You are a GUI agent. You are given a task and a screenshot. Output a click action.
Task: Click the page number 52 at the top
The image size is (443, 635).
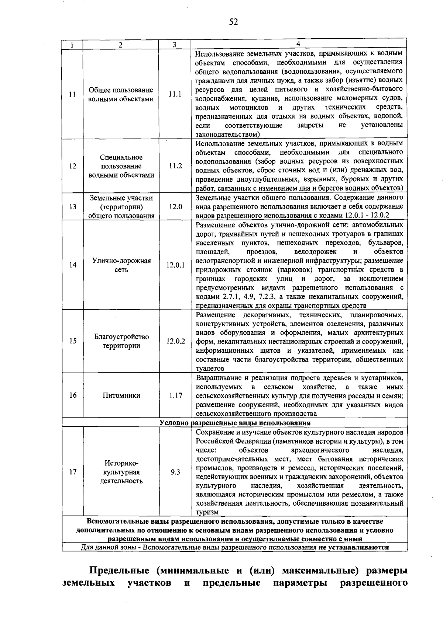click(x=233, y=22)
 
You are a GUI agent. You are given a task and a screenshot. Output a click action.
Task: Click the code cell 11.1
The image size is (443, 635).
click(x=175, y=94)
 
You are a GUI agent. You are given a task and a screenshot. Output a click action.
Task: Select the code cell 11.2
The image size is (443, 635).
click(x=175, y=166)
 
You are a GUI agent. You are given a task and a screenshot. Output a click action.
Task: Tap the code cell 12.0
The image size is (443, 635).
click(x=175, y=207)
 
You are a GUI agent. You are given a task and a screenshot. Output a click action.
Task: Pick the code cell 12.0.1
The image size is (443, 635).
click(x=175, y=265)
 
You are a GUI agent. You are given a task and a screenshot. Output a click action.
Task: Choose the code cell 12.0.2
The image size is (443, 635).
click(x=175, y=341)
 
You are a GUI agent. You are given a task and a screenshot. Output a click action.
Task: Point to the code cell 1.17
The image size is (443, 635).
click(x=175, y=395)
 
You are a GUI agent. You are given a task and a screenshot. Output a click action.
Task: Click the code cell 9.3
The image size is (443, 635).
click(x=175, y=472)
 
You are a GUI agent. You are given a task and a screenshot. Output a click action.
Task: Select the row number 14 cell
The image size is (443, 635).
click(x=73, y=265)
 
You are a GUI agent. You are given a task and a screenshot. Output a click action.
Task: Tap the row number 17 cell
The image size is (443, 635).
click(x=73, y=472)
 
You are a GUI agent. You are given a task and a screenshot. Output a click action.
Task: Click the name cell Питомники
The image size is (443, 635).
click(x=121, y=395)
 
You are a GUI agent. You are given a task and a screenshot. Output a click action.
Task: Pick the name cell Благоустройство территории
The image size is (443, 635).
click(x=121, y=341)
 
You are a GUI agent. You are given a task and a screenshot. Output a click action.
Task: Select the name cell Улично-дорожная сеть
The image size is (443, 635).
click(x=121, y=265)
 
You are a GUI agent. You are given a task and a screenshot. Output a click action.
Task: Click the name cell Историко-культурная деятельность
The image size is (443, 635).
click(x=121, y=472)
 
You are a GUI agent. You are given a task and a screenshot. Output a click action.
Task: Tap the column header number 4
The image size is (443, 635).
click(x=298, y=43)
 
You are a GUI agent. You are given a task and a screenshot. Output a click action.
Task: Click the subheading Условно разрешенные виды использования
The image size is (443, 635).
click(x=235, y=423)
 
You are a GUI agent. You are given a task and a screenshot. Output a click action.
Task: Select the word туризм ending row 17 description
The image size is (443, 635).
click(x=207, y=512)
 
